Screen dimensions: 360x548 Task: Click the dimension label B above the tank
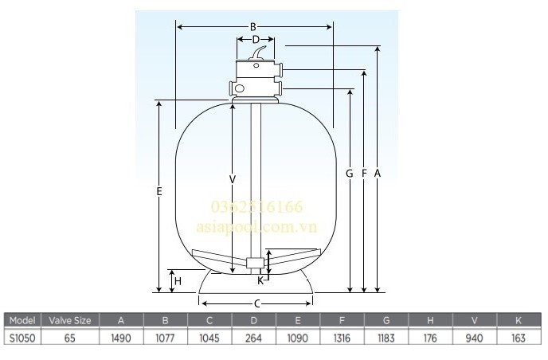pos(252,26)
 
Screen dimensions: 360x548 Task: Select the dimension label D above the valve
pos(255,38)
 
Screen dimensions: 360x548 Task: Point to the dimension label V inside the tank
pos(232,180)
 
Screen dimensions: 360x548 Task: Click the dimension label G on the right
pos(350,173)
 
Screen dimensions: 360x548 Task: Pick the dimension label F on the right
pos(364,173)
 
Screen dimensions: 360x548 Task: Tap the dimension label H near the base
pos(178,280)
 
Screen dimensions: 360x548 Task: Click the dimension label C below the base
pos(256,303)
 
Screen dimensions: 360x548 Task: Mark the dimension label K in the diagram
pos(260,280)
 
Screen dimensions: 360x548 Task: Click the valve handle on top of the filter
pos(257,54)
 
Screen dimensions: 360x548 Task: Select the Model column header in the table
pos(20,321)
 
